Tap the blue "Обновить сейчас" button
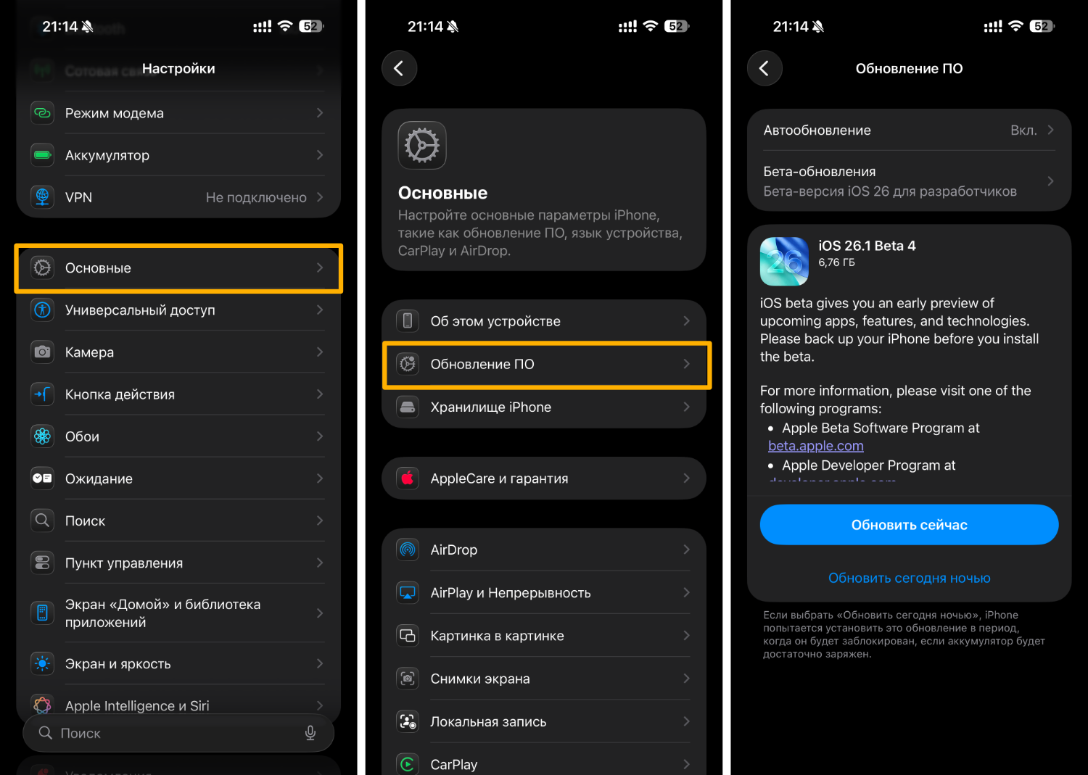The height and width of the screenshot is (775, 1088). pyautogui.click(x=909, y=525)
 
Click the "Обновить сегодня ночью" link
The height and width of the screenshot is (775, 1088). pyautogui.click(x=909, y=578)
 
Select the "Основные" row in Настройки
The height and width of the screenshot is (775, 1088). pyautogui.click(x=178, y=268)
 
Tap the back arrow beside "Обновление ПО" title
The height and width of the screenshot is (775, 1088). pyautogui.click(x=765, y=68)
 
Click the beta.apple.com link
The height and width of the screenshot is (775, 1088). pyautogui.click(x=815, y=446)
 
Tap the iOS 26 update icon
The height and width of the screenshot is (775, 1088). pyautogui.click(x=784, y=261)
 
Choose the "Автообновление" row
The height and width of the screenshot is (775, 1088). pyautogui.click(x=908, y=130)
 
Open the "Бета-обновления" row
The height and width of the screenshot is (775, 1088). pyautogui.click(x=908, y=181)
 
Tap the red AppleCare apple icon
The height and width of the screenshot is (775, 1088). pyautogui.click(x=408, y=478)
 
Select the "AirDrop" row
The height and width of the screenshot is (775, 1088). pyautogui.click(x=544, y=550)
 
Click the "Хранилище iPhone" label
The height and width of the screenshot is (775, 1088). pyautogui.click(x=490, y=407)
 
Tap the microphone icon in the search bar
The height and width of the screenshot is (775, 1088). pyautogui.click(x=310, y=733)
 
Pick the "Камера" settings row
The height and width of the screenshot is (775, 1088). pyautogui.click(x=178, y=352)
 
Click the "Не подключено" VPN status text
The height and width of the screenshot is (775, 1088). pyautogui.click(x=256, y=197)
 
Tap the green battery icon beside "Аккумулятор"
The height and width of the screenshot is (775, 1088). pyautogui.click(x=43, y=155)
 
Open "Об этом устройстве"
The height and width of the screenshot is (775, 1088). pyautogui.click(x=544, y=321)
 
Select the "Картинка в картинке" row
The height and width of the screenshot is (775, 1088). pyautogui.click(x=544, y=636)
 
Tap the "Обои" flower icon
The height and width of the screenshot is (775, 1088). pyautogui.click(x=43, y=436)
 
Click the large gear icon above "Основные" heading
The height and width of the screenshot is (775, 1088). pyautogui.click(x=422, y=145)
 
